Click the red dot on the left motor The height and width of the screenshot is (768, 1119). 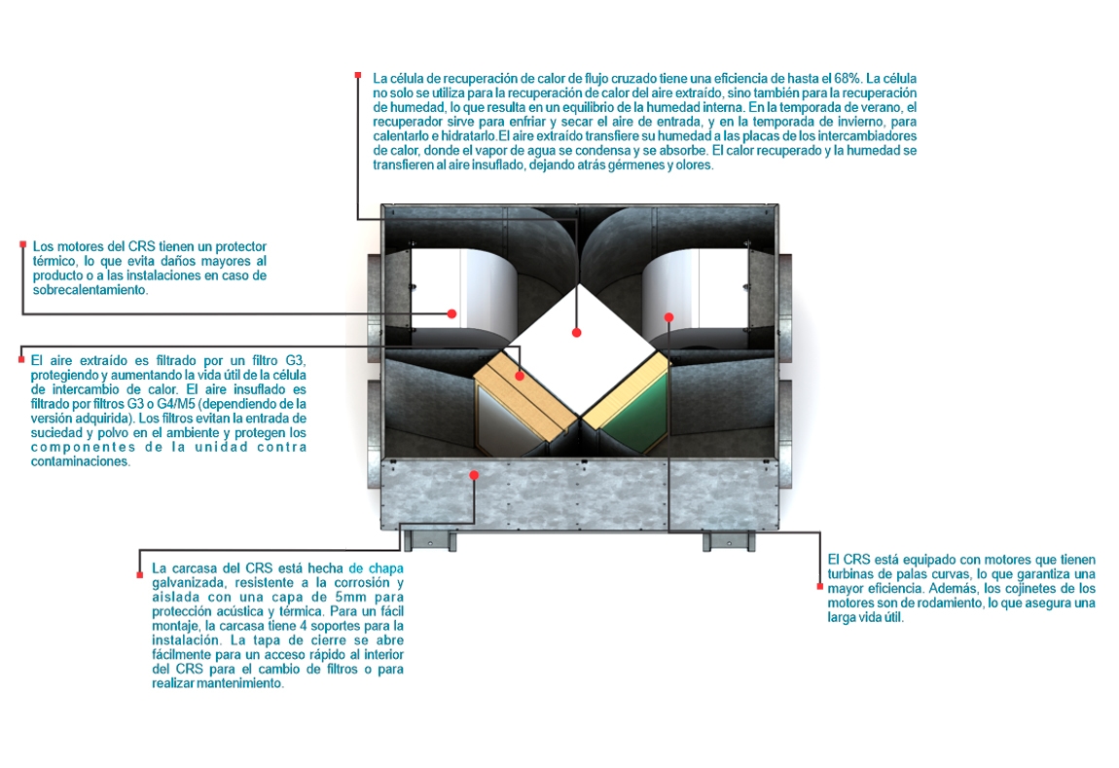pos(452,313)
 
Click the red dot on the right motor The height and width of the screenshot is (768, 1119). pos(669,316)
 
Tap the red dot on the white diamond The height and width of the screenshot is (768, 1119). pos(576,333)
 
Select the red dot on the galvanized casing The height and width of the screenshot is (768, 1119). pos(474,475)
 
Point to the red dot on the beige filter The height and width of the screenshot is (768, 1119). pos(520,375)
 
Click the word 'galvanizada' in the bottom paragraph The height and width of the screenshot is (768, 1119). pos(185,581)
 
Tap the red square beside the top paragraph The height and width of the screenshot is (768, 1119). pos(359,74)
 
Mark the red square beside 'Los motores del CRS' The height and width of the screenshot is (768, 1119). pos(22,244)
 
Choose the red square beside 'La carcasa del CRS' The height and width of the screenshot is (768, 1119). pos(140,574)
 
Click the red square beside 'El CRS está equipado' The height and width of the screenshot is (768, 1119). pos(818,586)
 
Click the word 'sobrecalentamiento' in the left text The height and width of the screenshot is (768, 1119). pos(90,290)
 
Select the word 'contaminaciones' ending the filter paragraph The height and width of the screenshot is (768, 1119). pos(80,461)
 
